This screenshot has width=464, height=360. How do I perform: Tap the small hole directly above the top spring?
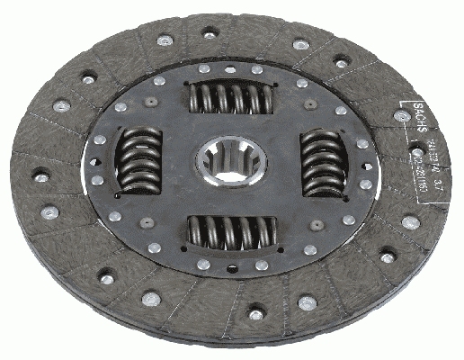[230, 70]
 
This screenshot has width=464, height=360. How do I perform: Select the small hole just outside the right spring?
[361, 163]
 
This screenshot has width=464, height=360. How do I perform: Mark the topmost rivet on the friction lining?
[210, 34]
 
